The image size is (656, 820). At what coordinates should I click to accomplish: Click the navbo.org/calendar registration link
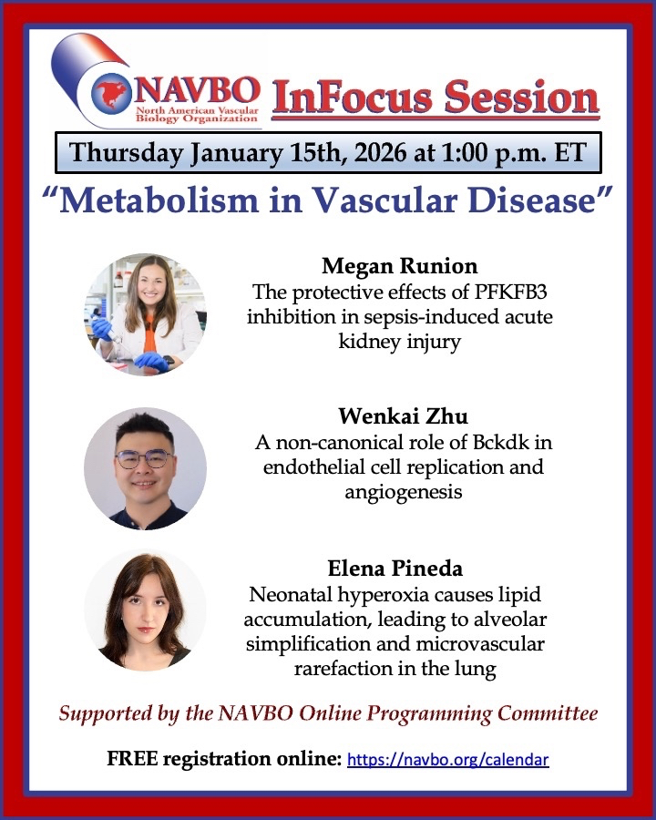point(447,759)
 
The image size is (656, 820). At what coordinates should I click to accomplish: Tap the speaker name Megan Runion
point(400,266)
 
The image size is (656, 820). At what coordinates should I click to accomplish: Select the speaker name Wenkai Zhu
point(403,416)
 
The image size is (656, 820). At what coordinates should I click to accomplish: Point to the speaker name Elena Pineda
point(395,568)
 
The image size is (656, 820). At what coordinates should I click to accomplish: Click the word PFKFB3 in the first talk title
point(510,292)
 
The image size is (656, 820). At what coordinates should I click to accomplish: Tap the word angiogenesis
point(404,493)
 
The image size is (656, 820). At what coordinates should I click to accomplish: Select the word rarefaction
point(344,669)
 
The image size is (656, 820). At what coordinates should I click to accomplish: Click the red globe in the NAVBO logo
point(111,94)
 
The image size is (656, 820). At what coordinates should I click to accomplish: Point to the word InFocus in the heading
point(352,97)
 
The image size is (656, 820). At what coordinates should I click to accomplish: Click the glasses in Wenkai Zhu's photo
point(144,458)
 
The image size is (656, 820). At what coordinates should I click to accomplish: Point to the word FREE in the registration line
point(132,759)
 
